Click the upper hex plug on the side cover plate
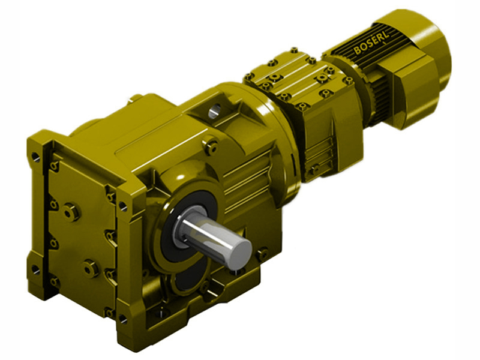[x=73, y=211]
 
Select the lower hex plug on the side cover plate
[x=91, y=268]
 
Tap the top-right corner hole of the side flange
[x=124, y=206]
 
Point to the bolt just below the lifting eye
[x=211, y=144]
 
